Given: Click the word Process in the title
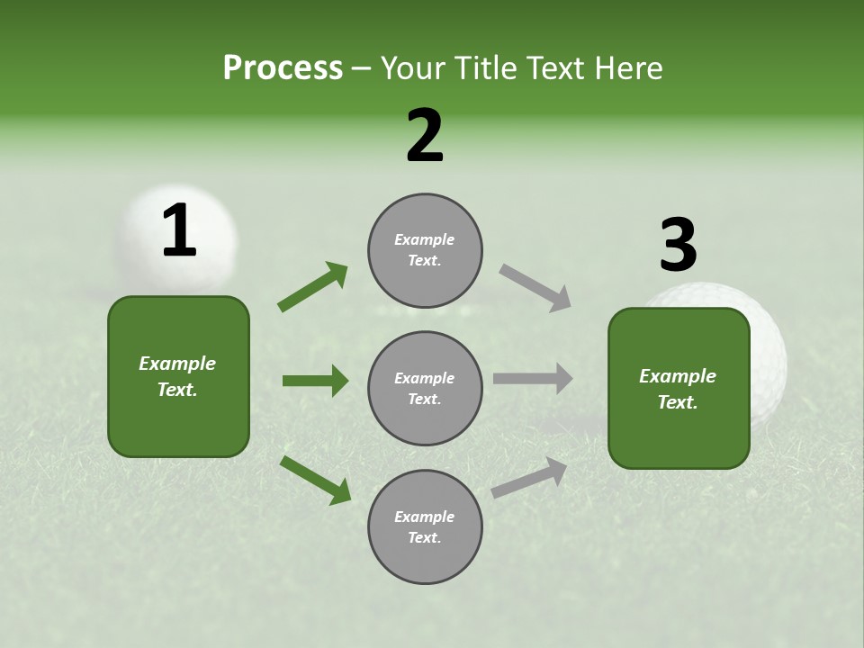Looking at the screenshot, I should pyautogui.click(x=283, y=68).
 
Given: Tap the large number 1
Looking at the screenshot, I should pyautogui.click(x=179, y=231).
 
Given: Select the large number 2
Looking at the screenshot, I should pyautogui.click(x=425, y=136).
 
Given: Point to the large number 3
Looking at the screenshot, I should pyautogui.click(x=678, y=245).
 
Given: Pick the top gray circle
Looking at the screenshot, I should pyautogui.click(x=425, y=250).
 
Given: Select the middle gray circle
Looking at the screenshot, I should pyautogui.click(x=425, y=389).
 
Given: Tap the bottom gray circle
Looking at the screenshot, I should pyautogui.click(x=425, y=527).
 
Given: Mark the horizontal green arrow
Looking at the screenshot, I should pyautogui.click(x=315, y=381).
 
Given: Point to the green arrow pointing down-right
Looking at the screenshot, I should pyautogui.click(x=315, y=480).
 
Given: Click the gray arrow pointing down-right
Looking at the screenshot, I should pyautogui.click(x=535, y=288).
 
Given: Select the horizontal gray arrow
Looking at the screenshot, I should pyautogui.click(x=533, y=379).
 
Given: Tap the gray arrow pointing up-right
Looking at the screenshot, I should pyautogui.click(x=529, y=478).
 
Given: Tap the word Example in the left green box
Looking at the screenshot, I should pyautogui.click(x=177, y=364).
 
